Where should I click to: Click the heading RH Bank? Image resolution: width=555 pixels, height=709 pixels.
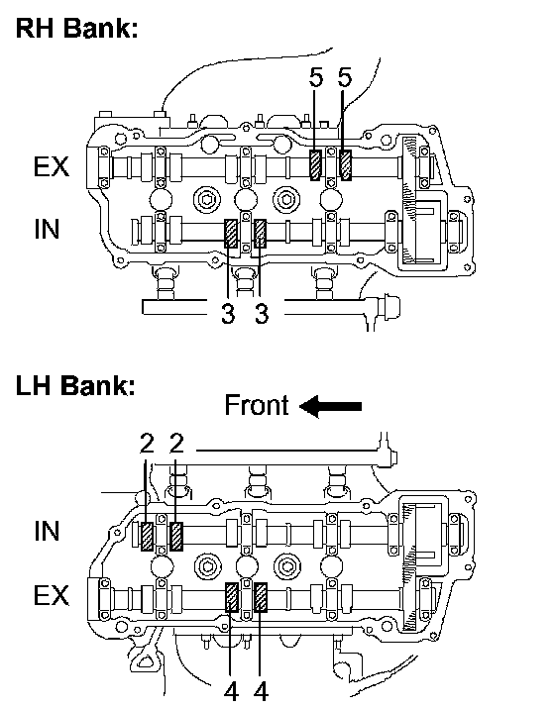point(76,28)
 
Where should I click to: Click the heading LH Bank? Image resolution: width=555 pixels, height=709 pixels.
point(75,386)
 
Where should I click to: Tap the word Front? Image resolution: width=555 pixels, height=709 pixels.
point(257,405)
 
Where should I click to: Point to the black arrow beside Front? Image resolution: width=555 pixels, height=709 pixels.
point(330,406)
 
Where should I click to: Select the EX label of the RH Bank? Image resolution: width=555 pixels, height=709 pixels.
point(52,166)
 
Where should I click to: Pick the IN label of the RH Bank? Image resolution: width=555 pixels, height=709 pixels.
point(47,230)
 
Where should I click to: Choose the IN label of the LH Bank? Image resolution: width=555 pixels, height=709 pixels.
point(47,531)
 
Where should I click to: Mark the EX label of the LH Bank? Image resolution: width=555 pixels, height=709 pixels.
point(52,595)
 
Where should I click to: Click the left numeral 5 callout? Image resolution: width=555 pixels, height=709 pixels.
point(316,78)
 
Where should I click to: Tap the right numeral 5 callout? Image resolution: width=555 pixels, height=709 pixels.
point(345,78)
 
